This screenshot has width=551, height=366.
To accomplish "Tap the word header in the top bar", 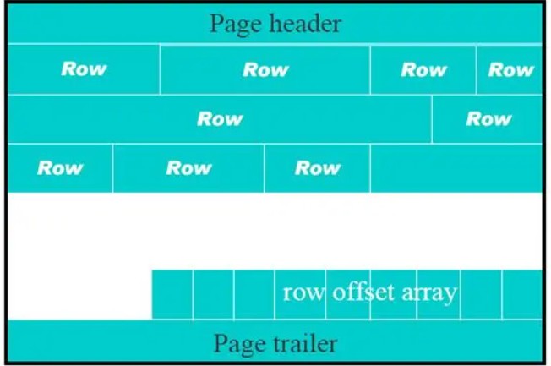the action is tap(306, 24).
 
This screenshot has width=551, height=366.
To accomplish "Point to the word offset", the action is tap(363, 292).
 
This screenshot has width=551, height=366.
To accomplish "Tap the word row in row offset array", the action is tap(303, 292).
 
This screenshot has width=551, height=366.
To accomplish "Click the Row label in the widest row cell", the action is tap(220, 119).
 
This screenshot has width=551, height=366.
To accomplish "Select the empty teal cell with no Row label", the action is tap(456, 168).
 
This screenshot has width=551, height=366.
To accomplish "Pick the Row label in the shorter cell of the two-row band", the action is tap(488, 119).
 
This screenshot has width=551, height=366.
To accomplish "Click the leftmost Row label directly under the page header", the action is tap(84, 68).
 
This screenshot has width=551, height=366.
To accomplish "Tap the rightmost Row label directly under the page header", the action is tap(511, 69).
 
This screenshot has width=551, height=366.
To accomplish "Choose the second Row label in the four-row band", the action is tap(265, 69).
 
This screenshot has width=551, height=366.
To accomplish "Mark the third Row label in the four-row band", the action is tap(423, 69).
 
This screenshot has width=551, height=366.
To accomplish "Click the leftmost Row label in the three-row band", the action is tap(60, 168).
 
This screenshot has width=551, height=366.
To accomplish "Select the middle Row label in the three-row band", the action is tap(189, 168).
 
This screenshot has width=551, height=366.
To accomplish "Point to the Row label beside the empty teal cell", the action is tap(318, 168).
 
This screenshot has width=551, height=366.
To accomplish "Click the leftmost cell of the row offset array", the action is tap(172, 295).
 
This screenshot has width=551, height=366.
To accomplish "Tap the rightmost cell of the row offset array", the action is tap(522, 295).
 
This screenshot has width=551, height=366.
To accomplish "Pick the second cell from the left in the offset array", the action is tap(214, 295).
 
